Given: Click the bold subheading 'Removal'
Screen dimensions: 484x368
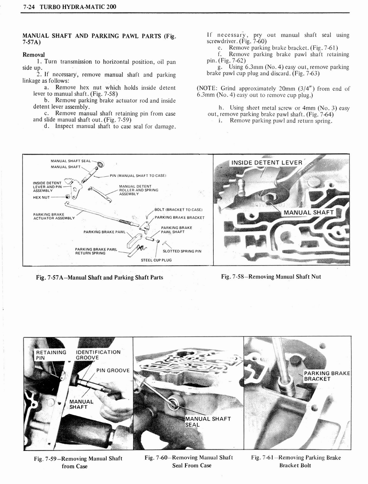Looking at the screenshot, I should coord(33,54).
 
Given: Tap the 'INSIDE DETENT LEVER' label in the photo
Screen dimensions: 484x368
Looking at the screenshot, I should coord(266,163).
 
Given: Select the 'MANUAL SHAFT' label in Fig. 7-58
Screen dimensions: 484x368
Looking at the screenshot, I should coord(309,212).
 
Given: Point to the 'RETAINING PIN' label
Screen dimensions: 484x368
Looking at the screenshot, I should coord(51,355).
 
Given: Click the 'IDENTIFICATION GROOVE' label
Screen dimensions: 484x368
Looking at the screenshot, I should coord(98,355).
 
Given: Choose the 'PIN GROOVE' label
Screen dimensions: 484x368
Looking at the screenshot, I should coord(113,370).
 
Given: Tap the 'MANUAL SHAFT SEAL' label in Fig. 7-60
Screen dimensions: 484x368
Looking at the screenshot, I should coord(208,422).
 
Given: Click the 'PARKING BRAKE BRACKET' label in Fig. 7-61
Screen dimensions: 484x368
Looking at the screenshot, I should coord(326,376).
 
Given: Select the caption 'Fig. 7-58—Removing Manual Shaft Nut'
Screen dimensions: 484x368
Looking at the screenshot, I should coord(271,277).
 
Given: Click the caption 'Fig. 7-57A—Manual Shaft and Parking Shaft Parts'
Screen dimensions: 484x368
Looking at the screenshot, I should coord(100,277).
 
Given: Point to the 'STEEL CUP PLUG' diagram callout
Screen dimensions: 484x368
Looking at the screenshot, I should coord(156,260).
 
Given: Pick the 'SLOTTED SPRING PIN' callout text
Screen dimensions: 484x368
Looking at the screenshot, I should coord(182,251).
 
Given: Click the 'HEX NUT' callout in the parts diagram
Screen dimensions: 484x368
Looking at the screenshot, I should coord(42,197).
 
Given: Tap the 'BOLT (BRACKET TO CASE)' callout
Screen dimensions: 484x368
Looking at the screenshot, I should coord(178,209).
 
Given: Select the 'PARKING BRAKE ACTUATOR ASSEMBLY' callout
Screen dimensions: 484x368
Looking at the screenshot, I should coord(53,216).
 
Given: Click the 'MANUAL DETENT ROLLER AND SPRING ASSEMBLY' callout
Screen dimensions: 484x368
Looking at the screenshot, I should coord(138,190).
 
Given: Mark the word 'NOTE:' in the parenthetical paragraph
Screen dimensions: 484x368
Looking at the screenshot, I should coord(207,88).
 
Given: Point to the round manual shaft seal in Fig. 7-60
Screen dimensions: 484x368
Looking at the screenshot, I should coord(173,404).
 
